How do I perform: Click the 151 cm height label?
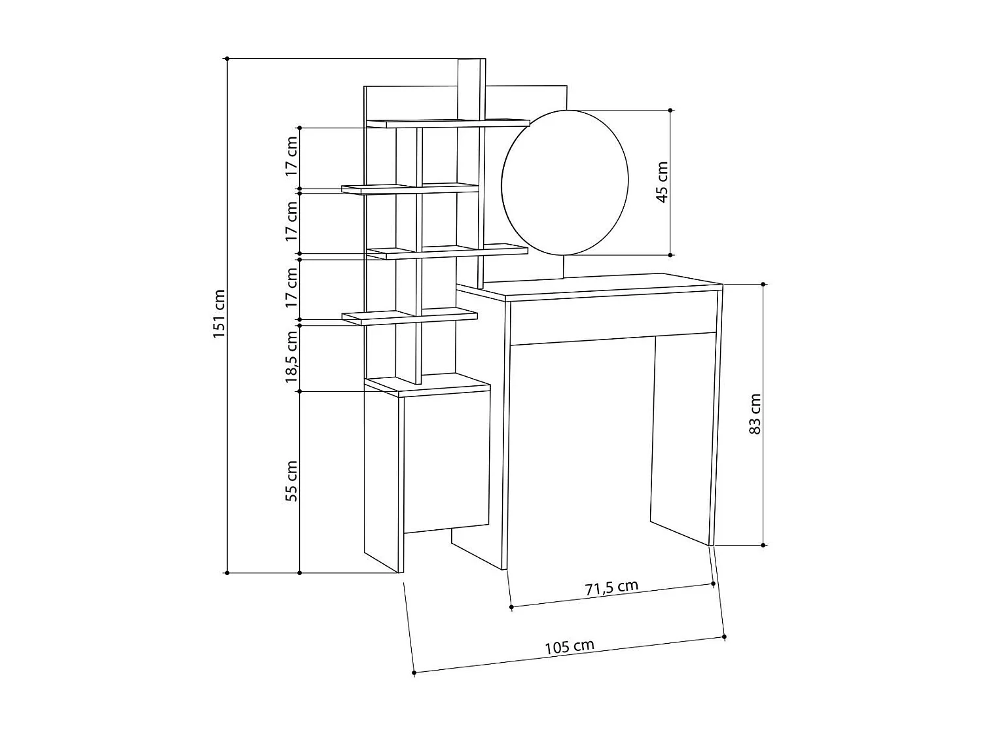point(219,314)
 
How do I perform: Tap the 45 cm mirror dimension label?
point(662,182)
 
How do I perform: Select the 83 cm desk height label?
point(755,414)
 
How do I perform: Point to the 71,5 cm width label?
point(611,587)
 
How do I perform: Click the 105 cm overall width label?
point(570,647)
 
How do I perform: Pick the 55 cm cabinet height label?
point(292,481)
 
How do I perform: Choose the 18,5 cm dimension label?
point(291,357)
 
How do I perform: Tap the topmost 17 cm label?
point(291,157)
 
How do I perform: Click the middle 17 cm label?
point(291,221)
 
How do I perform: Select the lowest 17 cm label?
point(291,288)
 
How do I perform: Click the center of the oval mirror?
point(565,183)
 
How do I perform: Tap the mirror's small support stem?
point(564,266)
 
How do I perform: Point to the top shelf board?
point(448,123)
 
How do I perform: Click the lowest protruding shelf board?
point(409,317)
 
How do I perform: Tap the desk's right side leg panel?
point(714,419)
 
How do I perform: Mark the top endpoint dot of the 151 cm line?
point(227,59)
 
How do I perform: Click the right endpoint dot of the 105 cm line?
point(724,636)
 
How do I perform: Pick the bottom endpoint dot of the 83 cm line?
point(763,544)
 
